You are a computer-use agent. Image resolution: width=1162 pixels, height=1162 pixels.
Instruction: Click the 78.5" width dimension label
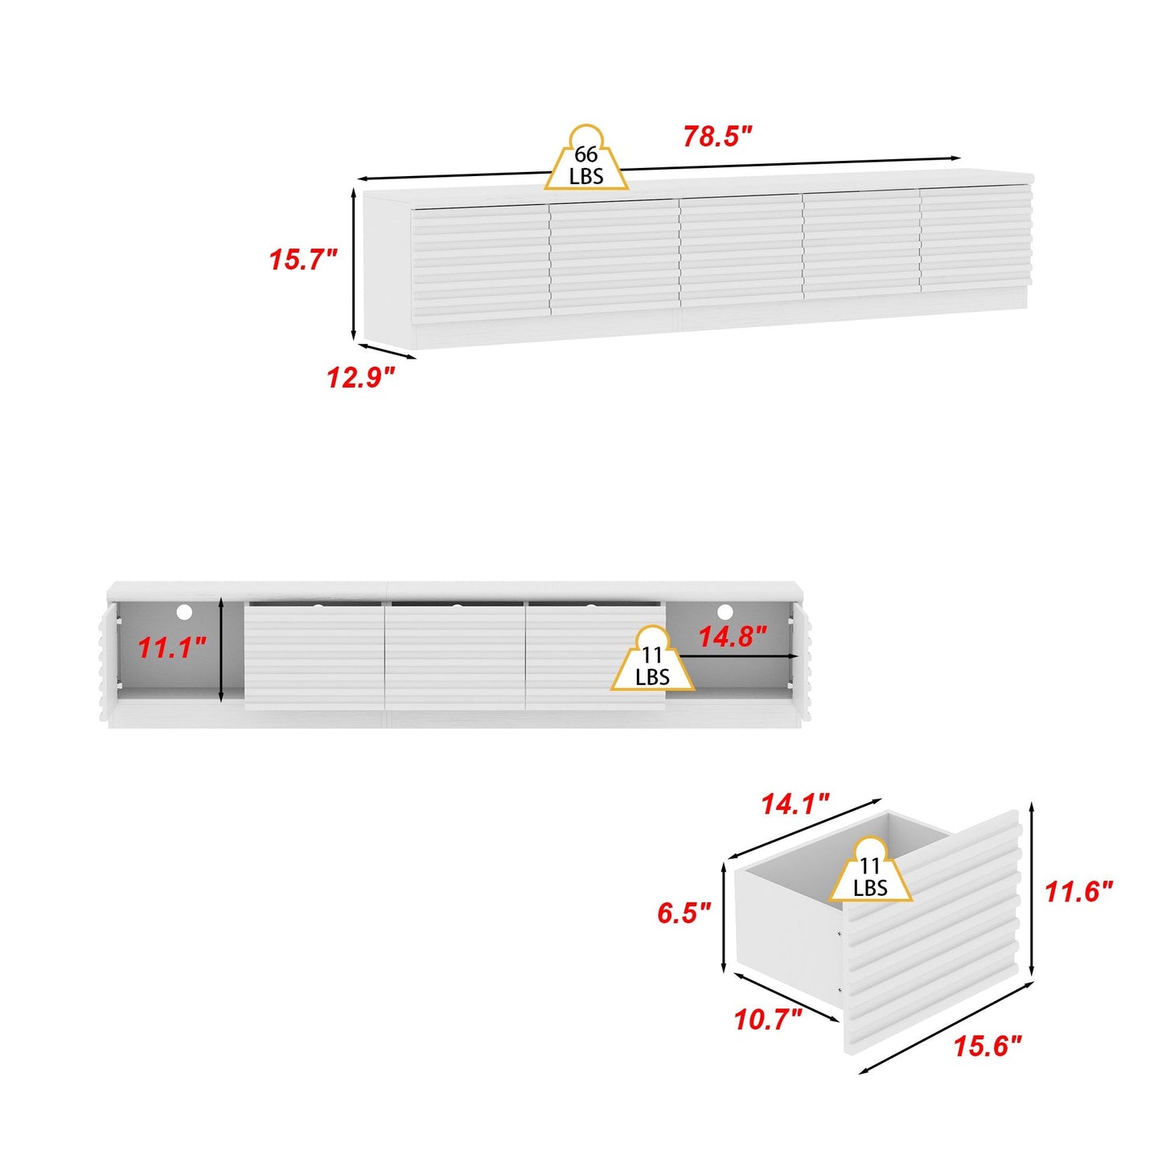(717, 138)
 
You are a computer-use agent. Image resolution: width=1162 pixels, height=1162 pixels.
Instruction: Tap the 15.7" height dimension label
(302, 261)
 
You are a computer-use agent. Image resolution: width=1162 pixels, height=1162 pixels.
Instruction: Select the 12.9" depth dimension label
(361, 378)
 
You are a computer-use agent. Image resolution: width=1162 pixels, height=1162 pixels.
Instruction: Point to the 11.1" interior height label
(172, 647)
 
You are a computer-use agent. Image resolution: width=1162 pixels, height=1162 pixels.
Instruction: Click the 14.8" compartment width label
(732, 638)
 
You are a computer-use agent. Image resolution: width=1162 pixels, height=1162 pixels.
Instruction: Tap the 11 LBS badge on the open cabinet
(652, 664)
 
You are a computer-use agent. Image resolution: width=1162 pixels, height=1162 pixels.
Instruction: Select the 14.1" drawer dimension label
(795, 804)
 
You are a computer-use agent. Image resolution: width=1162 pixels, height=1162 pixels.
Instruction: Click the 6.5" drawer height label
(684, 914)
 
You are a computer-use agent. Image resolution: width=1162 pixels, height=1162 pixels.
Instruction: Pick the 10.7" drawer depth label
(768, 1020)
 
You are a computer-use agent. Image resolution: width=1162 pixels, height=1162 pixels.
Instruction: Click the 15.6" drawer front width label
(987, 1047)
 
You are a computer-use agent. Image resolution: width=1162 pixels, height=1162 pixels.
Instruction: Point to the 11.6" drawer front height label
(1078, 891)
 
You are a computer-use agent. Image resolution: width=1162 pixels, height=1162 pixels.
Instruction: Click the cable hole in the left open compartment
(184, 613)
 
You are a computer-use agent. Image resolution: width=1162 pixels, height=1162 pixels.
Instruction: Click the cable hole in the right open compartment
(725, 613)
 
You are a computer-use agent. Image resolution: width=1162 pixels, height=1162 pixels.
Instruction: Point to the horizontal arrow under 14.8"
(740, 657)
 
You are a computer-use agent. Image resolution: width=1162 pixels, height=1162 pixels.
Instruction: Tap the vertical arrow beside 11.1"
(220, 650)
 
